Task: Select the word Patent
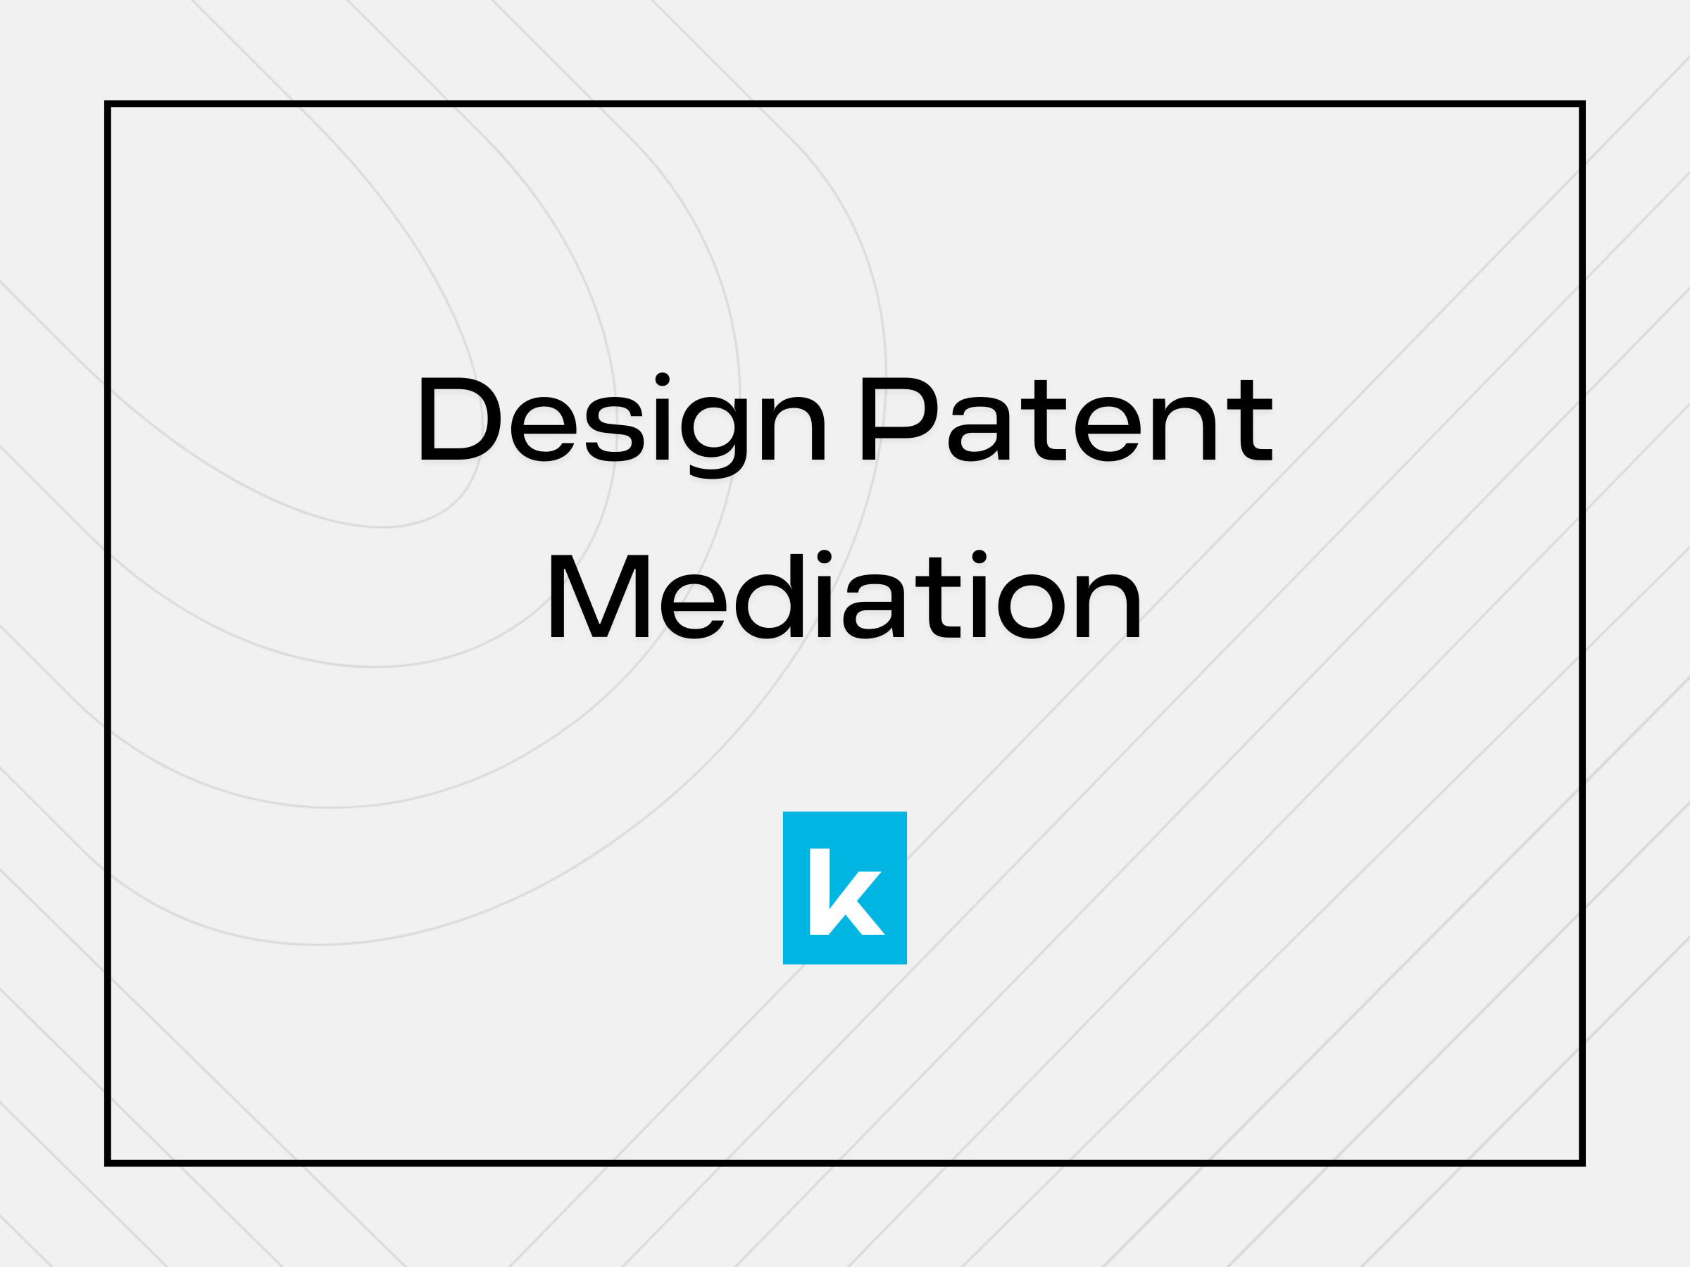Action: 1067,420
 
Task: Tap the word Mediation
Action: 844,596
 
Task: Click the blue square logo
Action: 844,888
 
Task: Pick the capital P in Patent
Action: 899,420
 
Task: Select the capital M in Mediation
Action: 599,596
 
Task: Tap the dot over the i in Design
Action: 663,379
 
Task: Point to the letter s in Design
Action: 615,429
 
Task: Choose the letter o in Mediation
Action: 1032,605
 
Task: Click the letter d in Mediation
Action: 770,596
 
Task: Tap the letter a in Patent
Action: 979,430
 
